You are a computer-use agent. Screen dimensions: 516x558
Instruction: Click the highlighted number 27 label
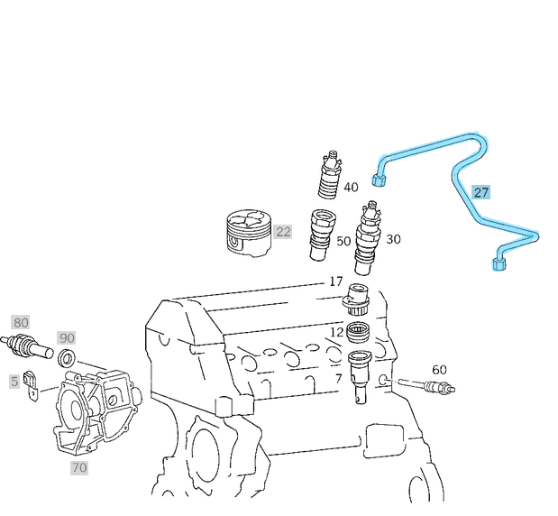tap(481, 192)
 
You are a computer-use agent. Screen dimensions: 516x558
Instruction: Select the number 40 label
tap(351, 188)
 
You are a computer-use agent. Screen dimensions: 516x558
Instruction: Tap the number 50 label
tap(343, 241)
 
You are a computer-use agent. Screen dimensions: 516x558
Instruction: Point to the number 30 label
tap(393, 239)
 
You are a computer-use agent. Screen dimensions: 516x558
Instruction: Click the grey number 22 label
tap(283, 232)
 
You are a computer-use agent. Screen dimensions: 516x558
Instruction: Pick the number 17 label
tap(335, 281)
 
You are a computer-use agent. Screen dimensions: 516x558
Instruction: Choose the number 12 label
tap(336, 332)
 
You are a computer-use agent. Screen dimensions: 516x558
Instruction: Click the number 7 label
tap(338, 378)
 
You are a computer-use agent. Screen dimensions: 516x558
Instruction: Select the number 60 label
tap(439, 370)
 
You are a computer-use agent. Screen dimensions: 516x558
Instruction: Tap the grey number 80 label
tap(20, 322)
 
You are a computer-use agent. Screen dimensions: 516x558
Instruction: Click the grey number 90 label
tap(67, 337)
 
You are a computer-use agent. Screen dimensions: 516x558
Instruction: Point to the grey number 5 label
tap(14, 382)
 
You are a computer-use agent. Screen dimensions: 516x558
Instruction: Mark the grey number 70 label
tap(79, 467)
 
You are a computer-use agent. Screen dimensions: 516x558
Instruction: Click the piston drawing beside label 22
tap(247, 233)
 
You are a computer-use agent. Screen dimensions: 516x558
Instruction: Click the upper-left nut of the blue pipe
tap(380, 180)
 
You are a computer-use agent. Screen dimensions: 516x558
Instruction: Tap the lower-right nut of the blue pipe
tap(500, 263)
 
